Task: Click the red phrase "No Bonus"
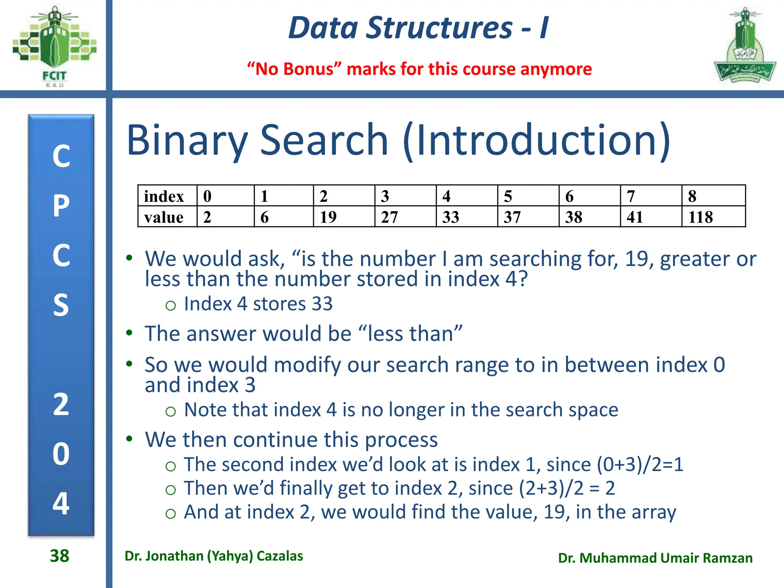pos(294,69)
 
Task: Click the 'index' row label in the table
pos(164,196)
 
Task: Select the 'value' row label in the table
pos(164,217)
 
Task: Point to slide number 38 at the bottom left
pos(59,556)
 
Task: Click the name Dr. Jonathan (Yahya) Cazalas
pos(214,556)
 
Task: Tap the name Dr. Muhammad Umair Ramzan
pos(655,558)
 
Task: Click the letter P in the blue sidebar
pos(61,206)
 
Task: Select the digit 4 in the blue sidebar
pos(61,503)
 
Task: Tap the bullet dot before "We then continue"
pos(129,438)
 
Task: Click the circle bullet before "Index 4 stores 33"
pos(170,305)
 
